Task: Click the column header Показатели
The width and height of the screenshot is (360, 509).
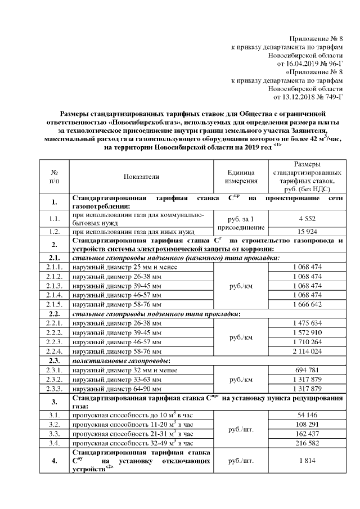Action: point(141,177)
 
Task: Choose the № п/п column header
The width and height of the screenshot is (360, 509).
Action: point(55,176)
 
